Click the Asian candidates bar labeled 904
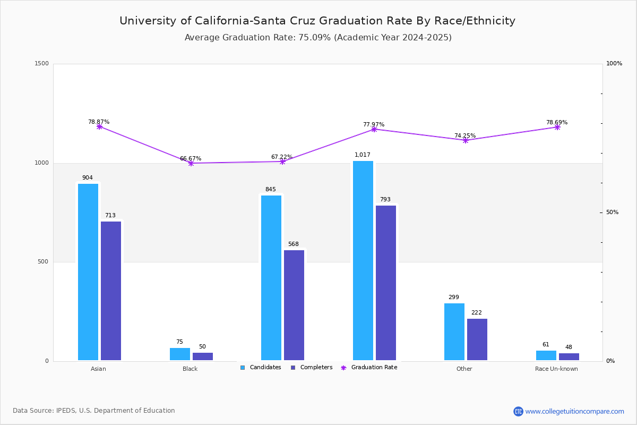[x=88, y=272]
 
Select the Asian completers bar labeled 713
[x=111, y=291]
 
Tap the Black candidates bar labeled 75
[x=180, y=354]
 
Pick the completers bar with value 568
[x=294, y=305]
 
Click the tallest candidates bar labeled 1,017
[x=363, y=261]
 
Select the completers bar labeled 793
[x=386, y=283]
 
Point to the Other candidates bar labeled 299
[x=454, y=332]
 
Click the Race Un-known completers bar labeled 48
[x=569, y=357]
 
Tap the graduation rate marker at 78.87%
[x=99, y=127]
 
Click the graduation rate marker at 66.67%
[x=191, y=163]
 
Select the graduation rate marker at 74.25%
[x=466, y=140]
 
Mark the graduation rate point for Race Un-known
[x=557, y=127]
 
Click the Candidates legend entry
[x=261, y=368]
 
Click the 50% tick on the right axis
[x=612, y=212]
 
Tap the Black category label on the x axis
[x=190, y=369]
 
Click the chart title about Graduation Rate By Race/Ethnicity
[x=317, y=21]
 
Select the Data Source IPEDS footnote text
[x=94, y=411]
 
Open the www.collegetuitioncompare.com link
[x=574, y=411]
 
